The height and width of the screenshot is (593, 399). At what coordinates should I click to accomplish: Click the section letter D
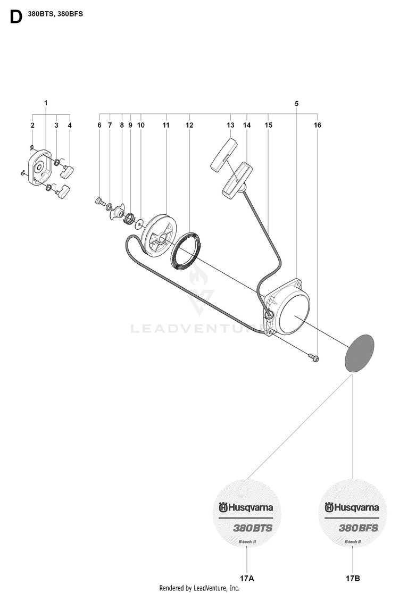[x=16, y=16]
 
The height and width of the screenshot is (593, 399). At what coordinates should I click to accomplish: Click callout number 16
[x=317, y=125]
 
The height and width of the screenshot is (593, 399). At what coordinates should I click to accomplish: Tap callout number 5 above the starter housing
[x=296, y=103]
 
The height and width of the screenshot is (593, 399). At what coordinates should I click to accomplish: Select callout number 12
[x=189, y=125]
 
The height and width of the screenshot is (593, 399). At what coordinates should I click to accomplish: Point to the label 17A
[x=247, y=578]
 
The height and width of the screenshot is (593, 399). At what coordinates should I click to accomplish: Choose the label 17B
[x=353, y=578]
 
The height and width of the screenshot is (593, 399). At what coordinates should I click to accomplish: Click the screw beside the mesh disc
[x=313, y=357]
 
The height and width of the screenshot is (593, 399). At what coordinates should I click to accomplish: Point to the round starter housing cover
[x=287, y=307]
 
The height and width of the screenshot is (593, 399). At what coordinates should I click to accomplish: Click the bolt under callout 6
[x=99, y=201]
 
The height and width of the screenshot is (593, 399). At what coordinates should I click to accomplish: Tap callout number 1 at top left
[x=46, y=103]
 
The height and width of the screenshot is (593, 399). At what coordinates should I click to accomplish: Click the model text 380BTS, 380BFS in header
[x=55, y=14]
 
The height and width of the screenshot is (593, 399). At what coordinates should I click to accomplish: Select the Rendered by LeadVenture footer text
[x=199, y=588]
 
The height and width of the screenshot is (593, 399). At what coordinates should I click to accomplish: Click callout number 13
[x=230, y=125]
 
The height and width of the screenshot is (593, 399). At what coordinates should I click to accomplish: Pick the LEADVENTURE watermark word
[x=197, y=328]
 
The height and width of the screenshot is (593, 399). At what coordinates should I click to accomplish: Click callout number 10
[x=140, y=125]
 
